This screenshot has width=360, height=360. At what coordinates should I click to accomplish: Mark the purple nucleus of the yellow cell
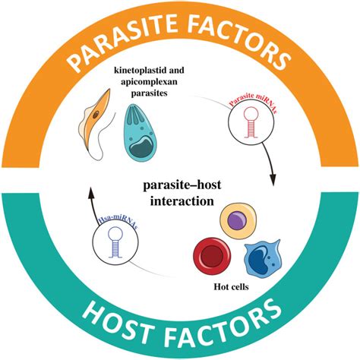point(238,220)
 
